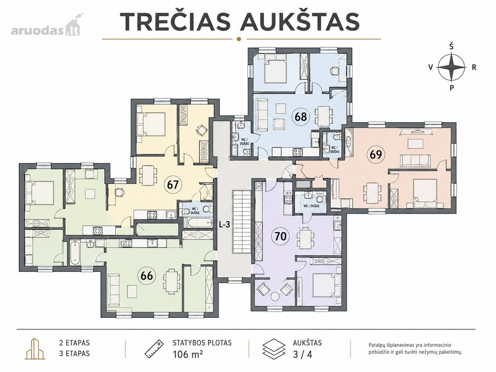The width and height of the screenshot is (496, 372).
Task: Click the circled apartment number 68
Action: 301,117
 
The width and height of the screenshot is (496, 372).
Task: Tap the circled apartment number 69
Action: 376,155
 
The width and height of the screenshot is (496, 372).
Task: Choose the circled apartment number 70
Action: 281,236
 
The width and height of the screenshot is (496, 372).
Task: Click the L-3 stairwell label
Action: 224,225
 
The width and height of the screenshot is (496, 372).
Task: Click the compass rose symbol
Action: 451,67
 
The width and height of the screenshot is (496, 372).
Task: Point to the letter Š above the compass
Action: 451,47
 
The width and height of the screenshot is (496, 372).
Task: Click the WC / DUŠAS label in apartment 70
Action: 311,206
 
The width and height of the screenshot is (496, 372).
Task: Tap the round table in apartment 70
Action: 275,296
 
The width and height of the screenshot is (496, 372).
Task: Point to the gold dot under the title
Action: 238,39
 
